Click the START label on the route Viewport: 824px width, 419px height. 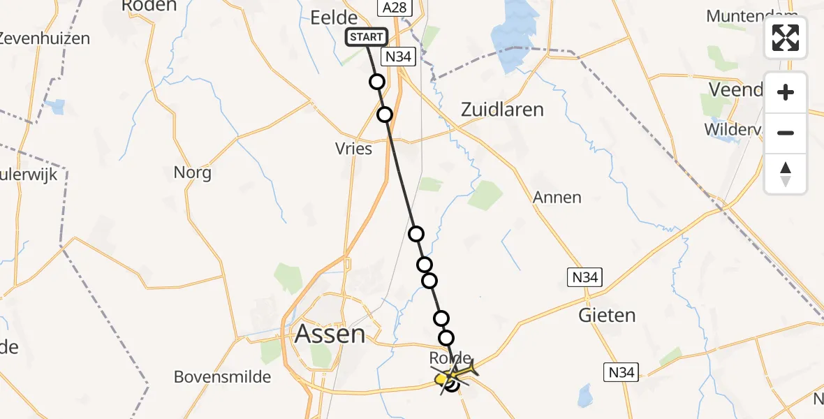pos(366,37)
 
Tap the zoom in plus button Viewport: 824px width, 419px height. pos(786,92)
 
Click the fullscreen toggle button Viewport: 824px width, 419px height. pos(786,38)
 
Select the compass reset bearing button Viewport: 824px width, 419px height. pos(786,174)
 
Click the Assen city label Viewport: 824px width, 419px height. pos(330,334)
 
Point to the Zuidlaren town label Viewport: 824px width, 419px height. pos(502,110)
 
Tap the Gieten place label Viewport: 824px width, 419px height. pos(608,315)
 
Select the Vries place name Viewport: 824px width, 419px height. pos(354,149)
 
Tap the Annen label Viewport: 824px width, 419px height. pos(557,198)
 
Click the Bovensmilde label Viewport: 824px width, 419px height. pos(222,377)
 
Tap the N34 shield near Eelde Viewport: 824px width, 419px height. pos(399,57)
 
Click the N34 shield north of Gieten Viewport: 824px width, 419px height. pos(583,277)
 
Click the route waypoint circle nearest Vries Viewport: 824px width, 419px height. pos(385,115)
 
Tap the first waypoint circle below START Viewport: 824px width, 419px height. pos(377,82)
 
